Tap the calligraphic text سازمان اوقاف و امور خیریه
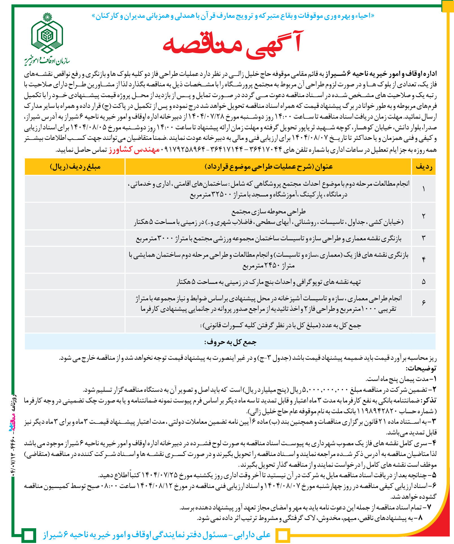tap(47, 60)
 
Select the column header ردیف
tap(424, 167)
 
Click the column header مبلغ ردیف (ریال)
tap(75, 167)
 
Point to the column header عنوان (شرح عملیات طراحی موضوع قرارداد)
tap(268, 167)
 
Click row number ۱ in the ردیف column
tap(423, 189)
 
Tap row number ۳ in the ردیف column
tap(423, 238)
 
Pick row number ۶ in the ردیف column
tap(423, 303)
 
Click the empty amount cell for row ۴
tap(75, 260)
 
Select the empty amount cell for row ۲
tap(75, 216)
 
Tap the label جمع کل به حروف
tap(230, 342)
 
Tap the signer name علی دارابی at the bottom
tap(252, 535)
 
